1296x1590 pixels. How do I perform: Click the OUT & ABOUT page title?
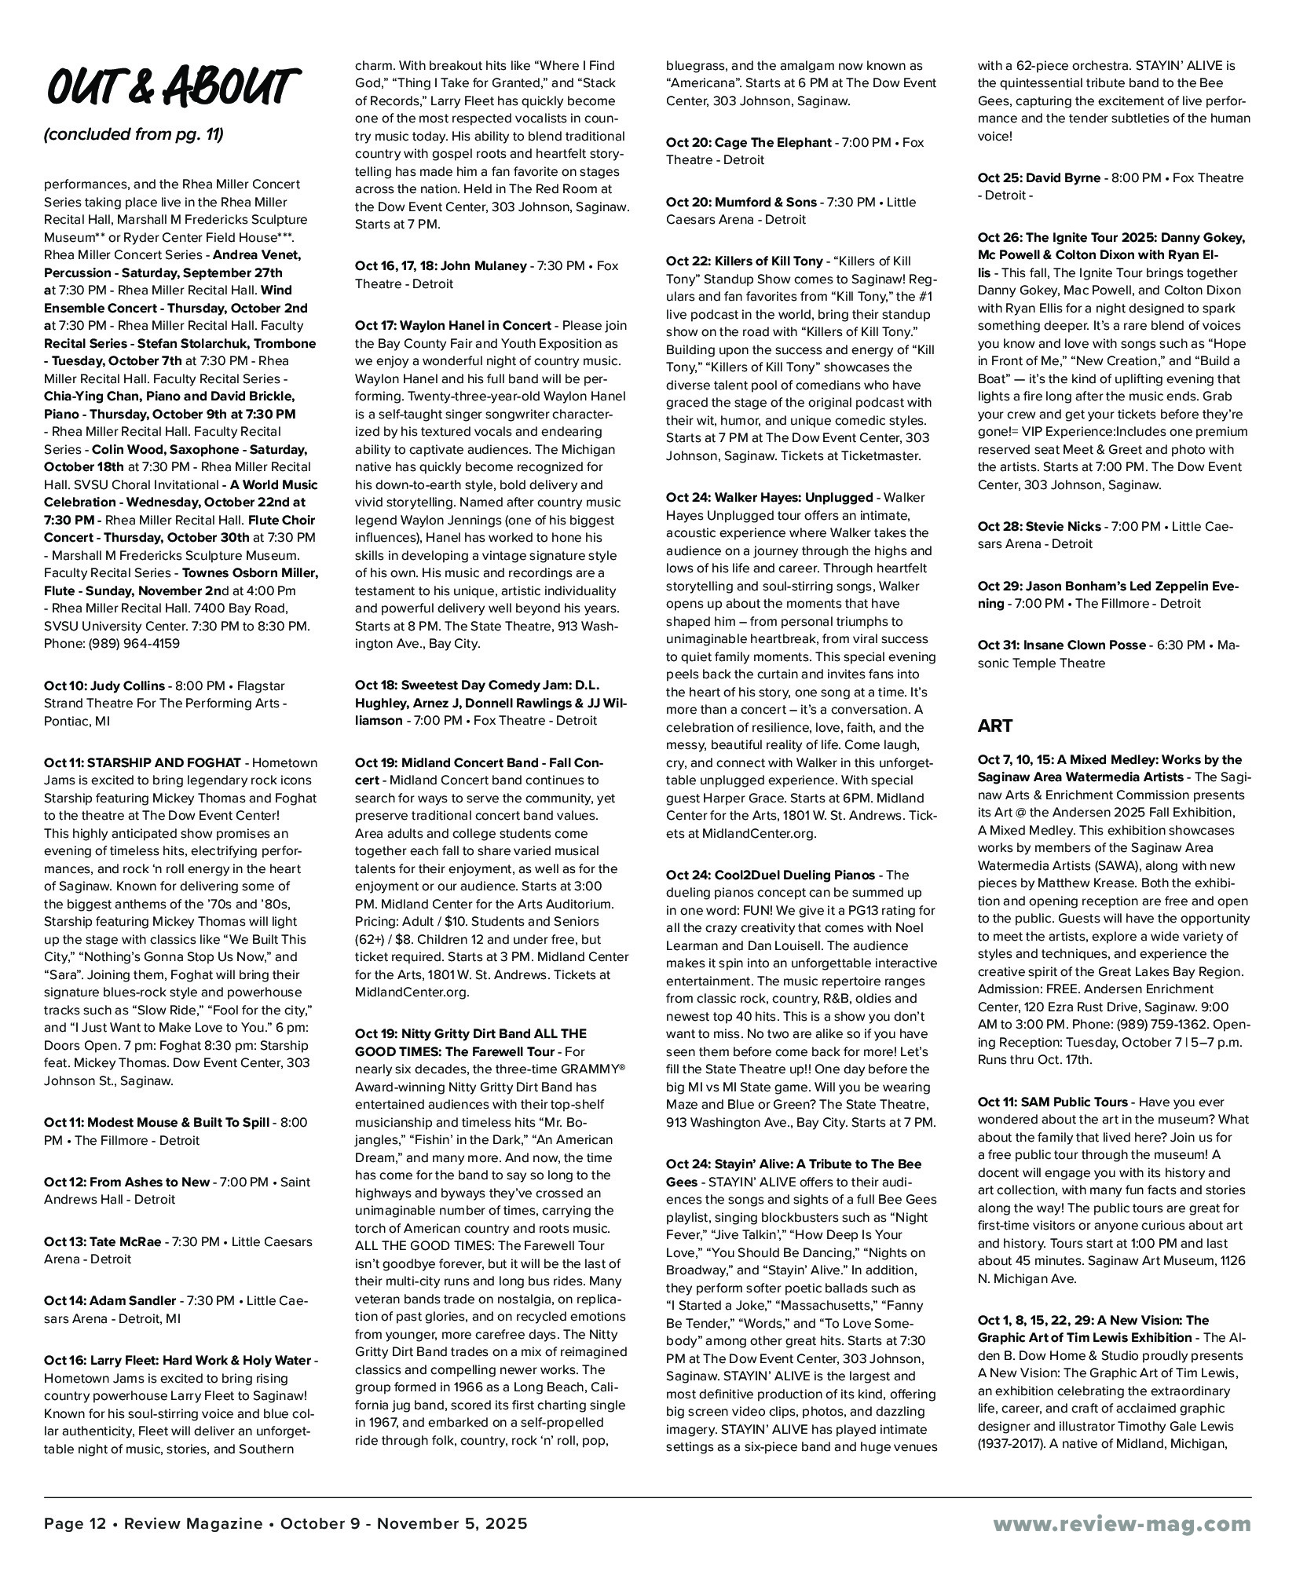[171, 86]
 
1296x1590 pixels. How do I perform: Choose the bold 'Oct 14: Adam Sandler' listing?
[110, 1300]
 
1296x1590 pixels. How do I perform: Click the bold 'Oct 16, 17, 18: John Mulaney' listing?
[441, 265]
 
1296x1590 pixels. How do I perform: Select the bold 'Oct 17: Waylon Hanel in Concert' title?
[453, 325]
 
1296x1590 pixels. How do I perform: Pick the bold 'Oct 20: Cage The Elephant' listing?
[748, 142]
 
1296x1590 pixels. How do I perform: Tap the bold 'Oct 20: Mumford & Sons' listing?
[741, 202]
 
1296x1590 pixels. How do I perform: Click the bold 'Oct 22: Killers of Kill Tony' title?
[744, 261]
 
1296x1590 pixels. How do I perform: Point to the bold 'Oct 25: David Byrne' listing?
[1038, 177]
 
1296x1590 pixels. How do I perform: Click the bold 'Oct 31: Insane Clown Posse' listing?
[1061, 645]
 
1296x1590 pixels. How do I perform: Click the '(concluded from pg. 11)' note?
[134, 135]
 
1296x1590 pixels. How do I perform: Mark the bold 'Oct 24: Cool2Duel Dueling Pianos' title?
[770, 875]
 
